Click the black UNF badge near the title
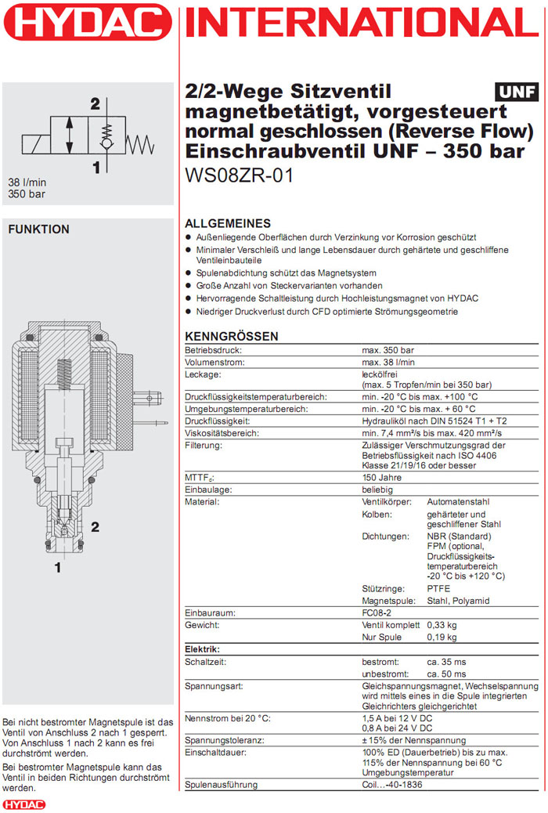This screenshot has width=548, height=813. pyautogui.click(x=517, y=93)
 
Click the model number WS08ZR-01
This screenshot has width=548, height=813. pyautogui.click(x=240, y=175)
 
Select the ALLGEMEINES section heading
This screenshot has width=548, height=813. pyautogui.click(x=228, y=223)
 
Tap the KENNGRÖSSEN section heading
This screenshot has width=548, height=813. pyautogui.click(x=231, y=337)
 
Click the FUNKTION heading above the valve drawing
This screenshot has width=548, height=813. pyautogui.click(x=38, y=229)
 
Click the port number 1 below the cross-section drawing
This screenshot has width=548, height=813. pyautogui.click(x=56, y=566)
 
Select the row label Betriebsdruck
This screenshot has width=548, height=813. pyautogui.click(x=212, y=350)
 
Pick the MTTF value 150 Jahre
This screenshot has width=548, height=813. pyautogui.click(x=383, y=478)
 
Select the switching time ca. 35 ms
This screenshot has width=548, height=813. pyautogui.click(x=446, y=662)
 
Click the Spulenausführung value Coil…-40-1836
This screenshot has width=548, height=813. pyautogui.click(x=392, y=785)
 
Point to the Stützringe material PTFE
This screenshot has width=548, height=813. pyautogui.click(x=438, y=588)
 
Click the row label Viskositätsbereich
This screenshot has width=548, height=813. pyautogui.click(x=222, y=433)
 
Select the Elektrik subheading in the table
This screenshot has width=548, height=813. pyautogui.click(x=202, y=649)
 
